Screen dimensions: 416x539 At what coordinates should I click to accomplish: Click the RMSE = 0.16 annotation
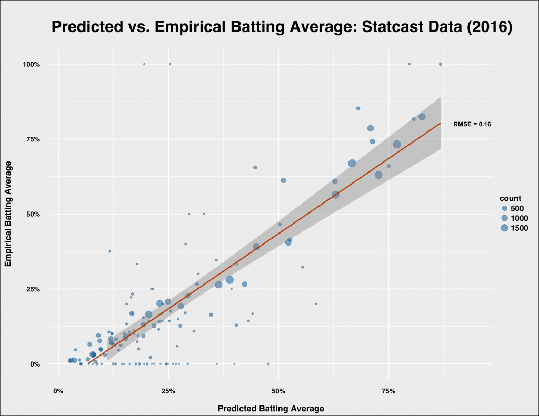472,124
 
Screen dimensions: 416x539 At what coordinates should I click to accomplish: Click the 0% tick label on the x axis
58,391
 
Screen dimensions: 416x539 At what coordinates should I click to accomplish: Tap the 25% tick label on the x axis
168,391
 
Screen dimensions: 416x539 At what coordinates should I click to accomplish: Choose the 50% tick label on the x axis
278,391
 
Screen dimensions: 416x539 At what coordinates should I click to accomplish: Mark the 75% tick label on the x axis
388,391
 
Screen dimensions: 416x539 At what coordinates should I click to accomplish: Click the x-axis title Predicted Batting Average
271,408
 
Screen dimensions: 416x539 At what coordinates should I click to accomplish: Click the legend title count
510,198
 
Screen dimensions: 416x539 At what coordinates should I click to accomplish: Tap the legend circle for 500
504,208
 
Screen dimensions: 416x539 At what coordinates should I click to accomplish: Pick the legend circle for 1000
504,218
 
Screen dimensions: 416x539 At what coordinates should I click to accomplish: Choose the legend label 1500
519,228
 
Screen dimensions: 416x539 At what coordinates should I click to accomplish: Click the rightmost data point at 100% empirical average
441,64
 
